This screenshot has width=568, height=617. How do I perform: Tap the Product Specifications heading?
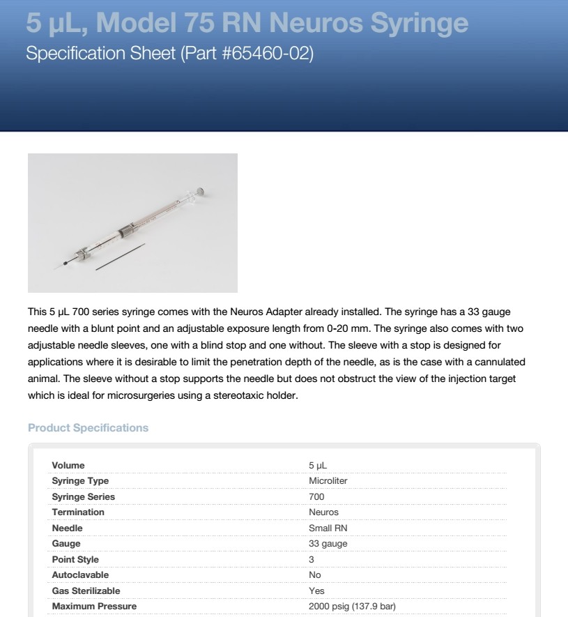(88, 427)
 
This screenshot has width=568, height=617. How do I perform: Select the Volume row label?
(68, 465)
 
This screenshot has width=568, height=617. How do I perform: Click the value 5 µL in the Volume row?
(318, 465)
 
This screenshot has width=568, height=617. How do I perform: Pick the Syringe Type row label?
(80, 481)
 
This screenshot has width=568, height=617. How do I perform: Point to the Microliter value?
(328, 481)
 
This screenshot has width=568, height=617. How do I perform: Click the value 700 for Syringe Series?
(316, 496)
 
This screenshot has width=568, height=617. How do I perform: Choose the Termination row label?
(78, 512)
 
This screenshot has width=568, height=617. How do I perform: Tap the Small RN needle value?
(328, 528)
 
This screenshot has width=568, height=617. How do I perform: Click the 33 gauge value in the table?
(328, 544)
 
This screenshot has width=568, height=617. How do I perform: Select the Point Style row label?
(75, 559)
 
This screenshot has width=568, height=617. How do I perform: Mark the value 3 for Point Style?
(312, 559)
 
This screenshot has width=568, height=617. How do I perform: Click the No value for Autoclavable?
(316, 575)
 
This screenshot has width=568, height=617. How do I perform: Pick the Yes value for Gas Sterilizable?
(316, 591)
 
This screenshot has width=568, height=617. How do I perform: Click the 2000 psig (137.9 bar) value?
(352, 607)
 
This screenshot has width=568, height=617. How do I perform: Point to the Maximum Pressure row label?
(94, 607)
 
